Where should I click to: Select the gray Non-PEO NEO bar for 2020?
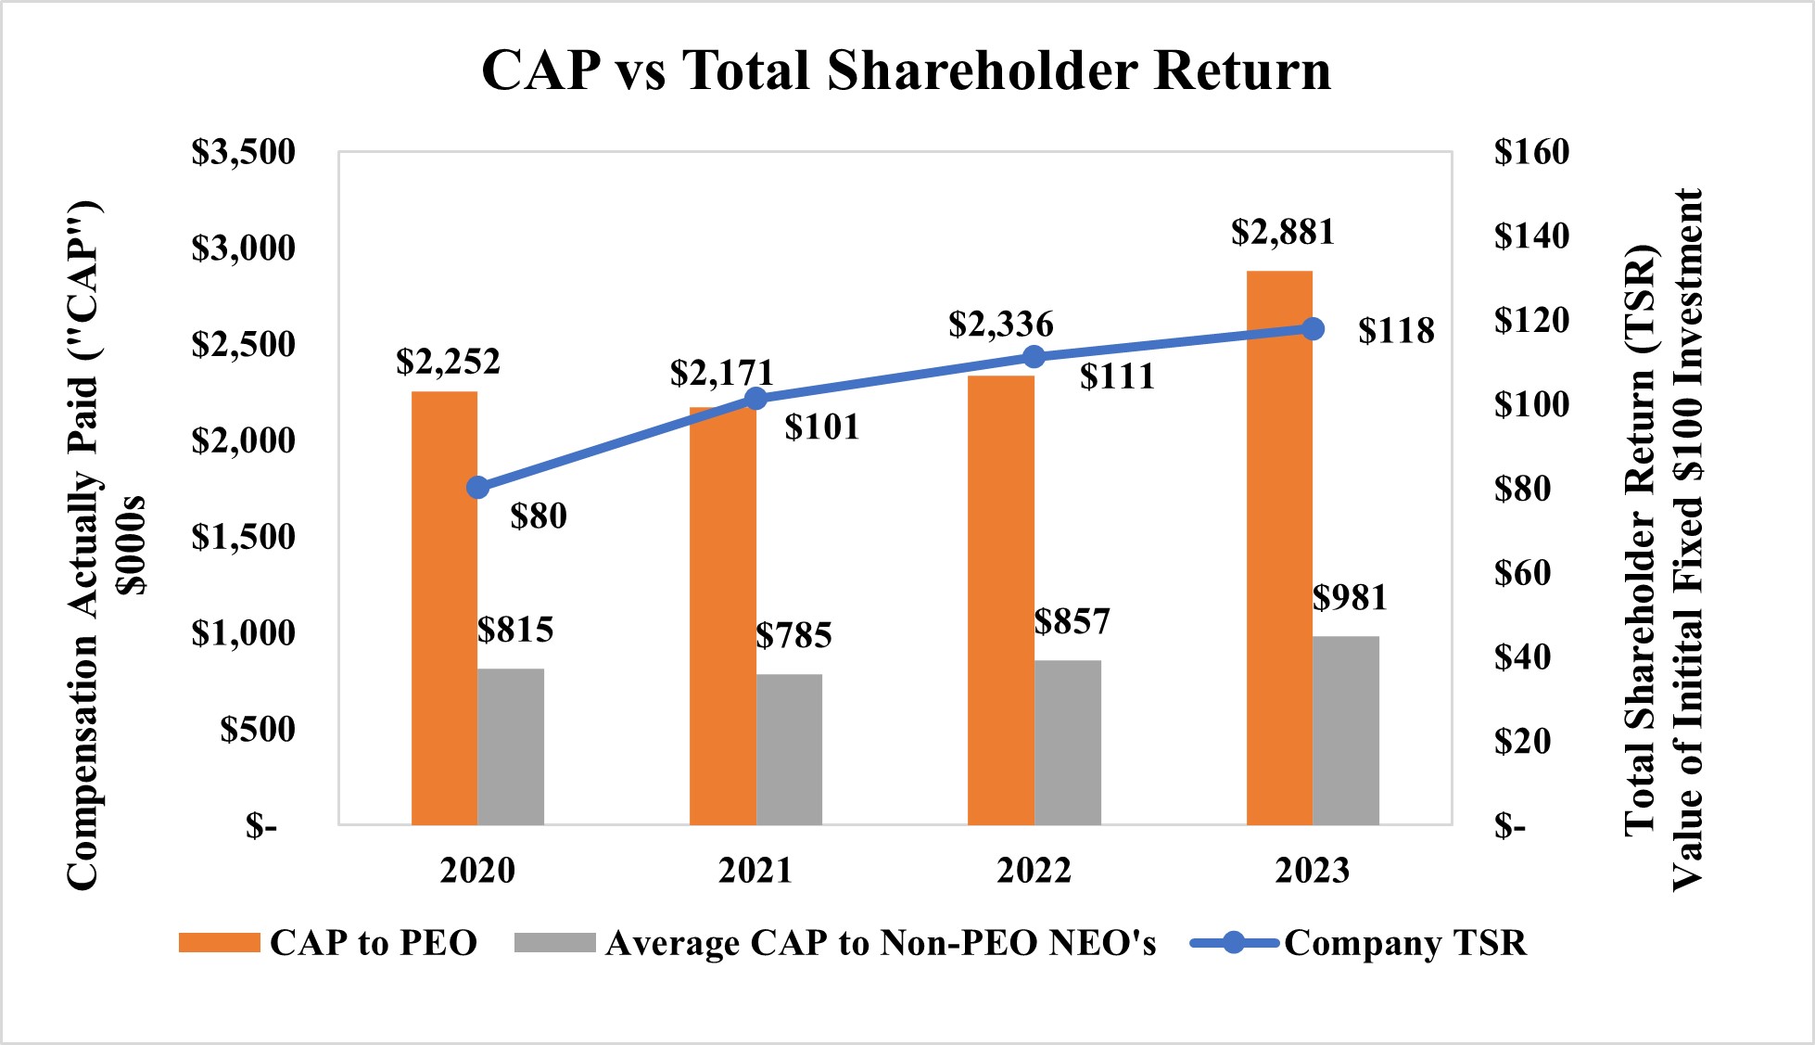[x=511, y=746]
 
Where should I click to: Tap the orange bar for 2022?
[x=1000, y=603]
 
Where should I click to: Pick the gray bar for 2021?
[x=789, y=749]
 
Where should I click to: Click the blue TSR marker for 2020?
[x=477, y=488]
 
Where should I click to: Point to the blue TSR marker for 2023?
[x=1313, y=329]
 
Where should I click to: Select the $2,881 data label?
[x=1283, y=232]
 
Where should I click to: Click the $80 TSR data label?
[x=539, y=516]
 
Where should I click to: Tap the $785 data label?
[x=793, y=635]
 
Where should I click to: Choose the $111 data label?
[x=1117, y=376]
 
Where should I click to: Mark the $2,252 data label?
[x=448, y=362]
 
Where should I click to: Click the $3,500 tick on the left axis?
[x=243, y=152]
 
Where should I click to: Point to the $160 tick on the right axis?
[x=1531, y=152]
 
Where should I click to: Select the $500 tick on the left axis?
[x=258, y=729]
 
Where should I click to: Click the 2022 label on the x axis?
[x=1034, y=871]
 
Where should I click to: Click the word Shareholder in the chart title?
[x=982, y=70]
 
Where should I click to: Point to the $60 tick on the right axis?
[x=1522, y=573]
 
